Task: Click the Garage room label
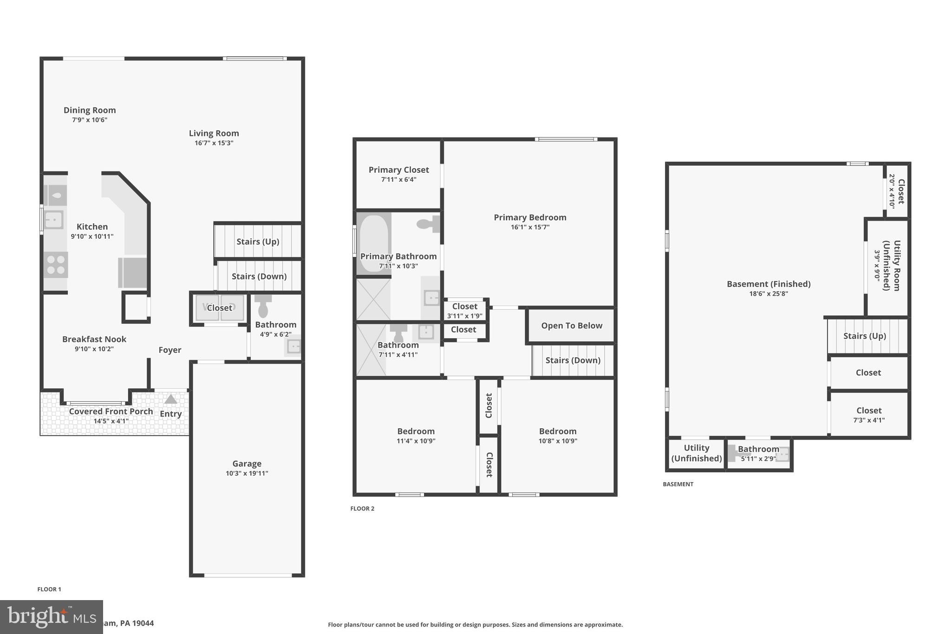(247, 464)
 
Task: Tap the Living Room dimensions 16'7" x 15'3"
(214, 143)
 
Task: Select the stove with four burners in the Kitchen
(56, 265)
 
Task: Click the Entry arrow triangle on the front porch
(171, 399)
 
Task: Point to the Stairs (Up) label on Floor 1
(258, 242)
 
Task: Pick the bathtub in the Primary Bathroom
(373, 243)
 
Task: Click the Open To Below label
(572, 326)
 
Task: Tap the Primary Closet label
(398, 170)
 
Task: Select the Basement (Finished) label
(769, 284)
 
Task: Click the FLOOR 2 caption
(362, 509)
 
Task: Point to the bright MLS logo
(51, 617)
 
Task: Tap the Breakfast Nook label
(94, 339)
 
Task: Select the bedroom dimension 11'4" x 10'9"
(416, 441)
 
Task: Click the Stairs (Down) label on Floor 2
(573, 360)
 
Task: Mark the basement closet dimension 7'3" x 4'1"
(869, 420)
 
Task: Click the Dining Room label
(90, 110)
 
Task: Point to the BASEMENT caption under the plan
(678, 484)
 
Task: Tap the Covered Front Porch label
(111, 412)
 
